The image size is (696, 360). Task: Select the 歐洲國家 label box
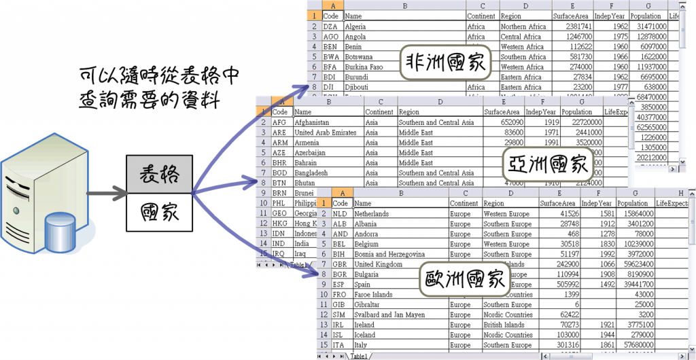(x=466, y=278)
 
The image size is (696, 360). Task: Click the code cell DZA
(x=330, y=26)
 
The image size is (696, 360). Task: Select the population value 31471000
(x=648, y=26)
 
